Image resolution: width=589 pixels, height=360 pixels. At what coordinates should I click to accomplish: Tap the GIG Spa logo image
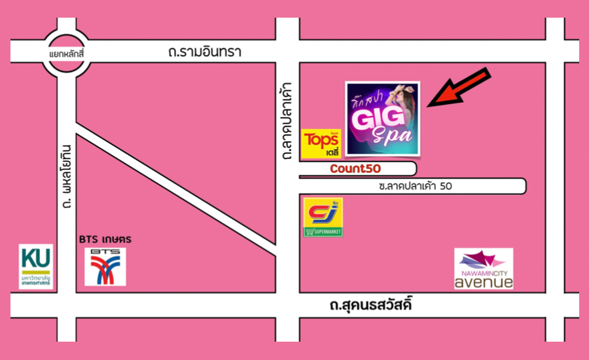[383, 118]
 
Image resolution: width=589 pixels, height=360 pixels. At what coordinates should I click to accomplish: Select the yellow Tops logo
[321, 144]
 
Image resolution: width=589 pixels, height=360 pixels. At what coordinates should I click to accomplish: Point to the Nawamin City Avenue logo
[484, 268]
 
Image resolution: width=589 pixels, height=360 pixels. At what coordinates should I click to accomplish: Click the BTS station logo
[105, 266]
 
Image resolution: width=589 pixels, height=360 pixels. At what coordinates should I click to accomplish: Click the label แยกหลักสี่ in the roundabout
[67, 52]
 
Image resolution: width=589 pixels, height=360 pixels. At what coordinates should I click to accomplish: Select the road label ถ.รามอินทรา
[204, 52]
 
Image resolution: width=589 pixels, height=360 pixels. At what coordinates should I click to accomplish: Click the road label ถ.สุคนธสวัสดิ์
[372, 305]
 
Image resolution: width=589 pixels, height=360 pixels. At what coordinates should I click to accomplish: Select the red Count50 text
[355, 169]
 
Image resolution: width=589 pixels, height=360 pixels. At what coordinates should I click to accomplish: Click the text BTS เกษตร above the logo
[105, 240]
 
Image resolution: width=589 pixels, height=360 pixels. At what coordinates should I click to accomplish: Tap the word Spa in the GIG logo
[393, 135]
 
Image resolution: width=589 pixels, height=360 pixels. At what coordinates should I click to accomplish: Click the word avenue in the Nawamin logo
[484, 281]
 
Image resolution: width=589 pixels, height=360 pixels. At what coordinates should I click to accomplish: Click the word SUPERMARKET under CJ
[323, 232]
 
